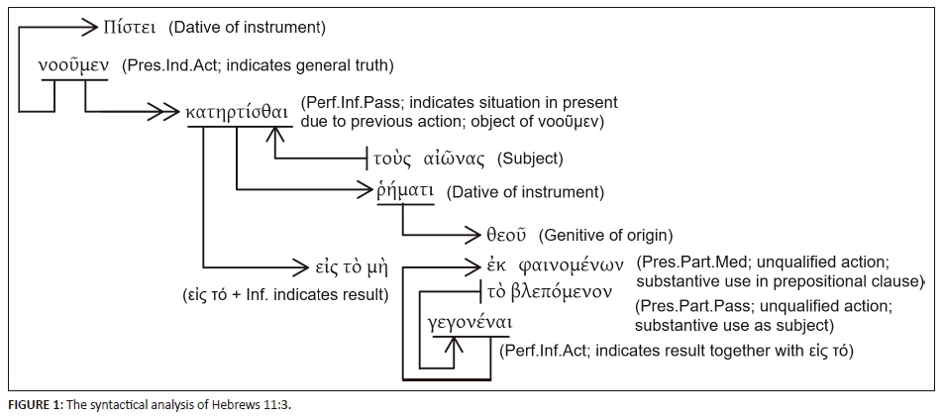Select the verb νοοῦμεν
[71, 67]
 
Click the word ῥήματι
[406, 191]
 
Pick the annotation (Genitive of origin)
[605, 236]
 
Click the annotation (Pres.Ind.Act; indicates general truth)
[258, 66]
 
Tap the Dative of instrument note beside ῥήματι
[525, 191]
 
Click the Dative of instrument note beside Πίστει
[247, 26]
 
